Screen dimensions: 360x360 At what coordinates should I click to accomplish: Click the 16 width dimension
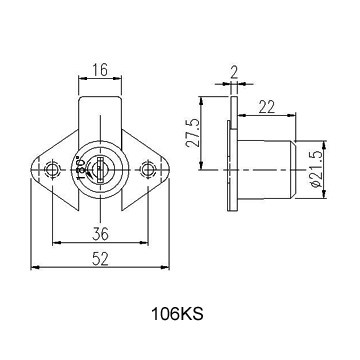pos(100,70)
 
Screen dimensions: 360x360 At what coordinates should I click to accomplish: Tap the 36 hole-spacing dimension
pos(100,234)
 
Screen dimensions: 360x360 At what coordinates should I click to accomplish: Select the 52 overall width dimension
pos(100,259)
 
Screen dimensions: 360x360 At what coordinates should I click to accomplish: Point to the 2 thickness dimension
pos(234,72)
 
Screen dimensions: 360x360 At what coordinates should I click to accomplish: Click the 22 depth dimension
pos(267,107)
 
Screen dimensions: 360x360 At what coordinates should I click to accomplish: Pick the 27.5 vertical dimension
pos(193,133)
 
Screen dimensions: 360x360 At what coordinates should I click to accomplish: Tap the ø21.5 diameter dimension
pos(317,169)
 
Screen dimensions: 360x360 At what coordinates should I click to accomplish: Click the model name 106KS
pos(177,314)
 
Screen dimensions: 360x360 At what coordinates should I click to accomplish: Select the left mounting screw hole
pos(52,170)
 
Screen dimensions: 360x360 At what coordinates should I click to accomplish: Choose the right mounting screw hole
pos(148,170)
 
